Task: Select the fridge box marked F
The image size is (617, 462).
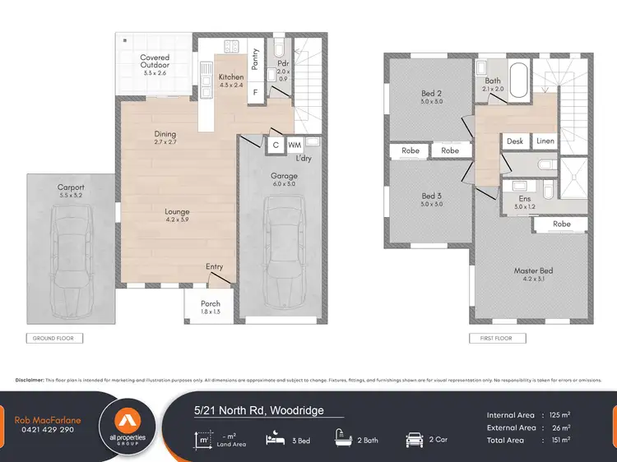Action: tap(256, 93)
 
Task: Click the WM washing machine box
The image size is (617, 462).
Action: tap(295, 146)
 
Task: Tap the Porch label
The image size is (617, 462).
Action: tap(211, 307)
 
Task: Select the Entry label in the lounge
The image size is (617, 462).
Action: tap(214, 266)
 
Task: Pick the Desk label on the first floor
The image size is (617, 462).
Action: tap(515, 141)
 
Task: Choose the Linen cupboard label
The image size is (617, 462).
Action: tap(545, 141)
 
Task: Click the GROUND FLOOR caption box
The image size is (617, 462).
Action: tap(53, 338)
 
